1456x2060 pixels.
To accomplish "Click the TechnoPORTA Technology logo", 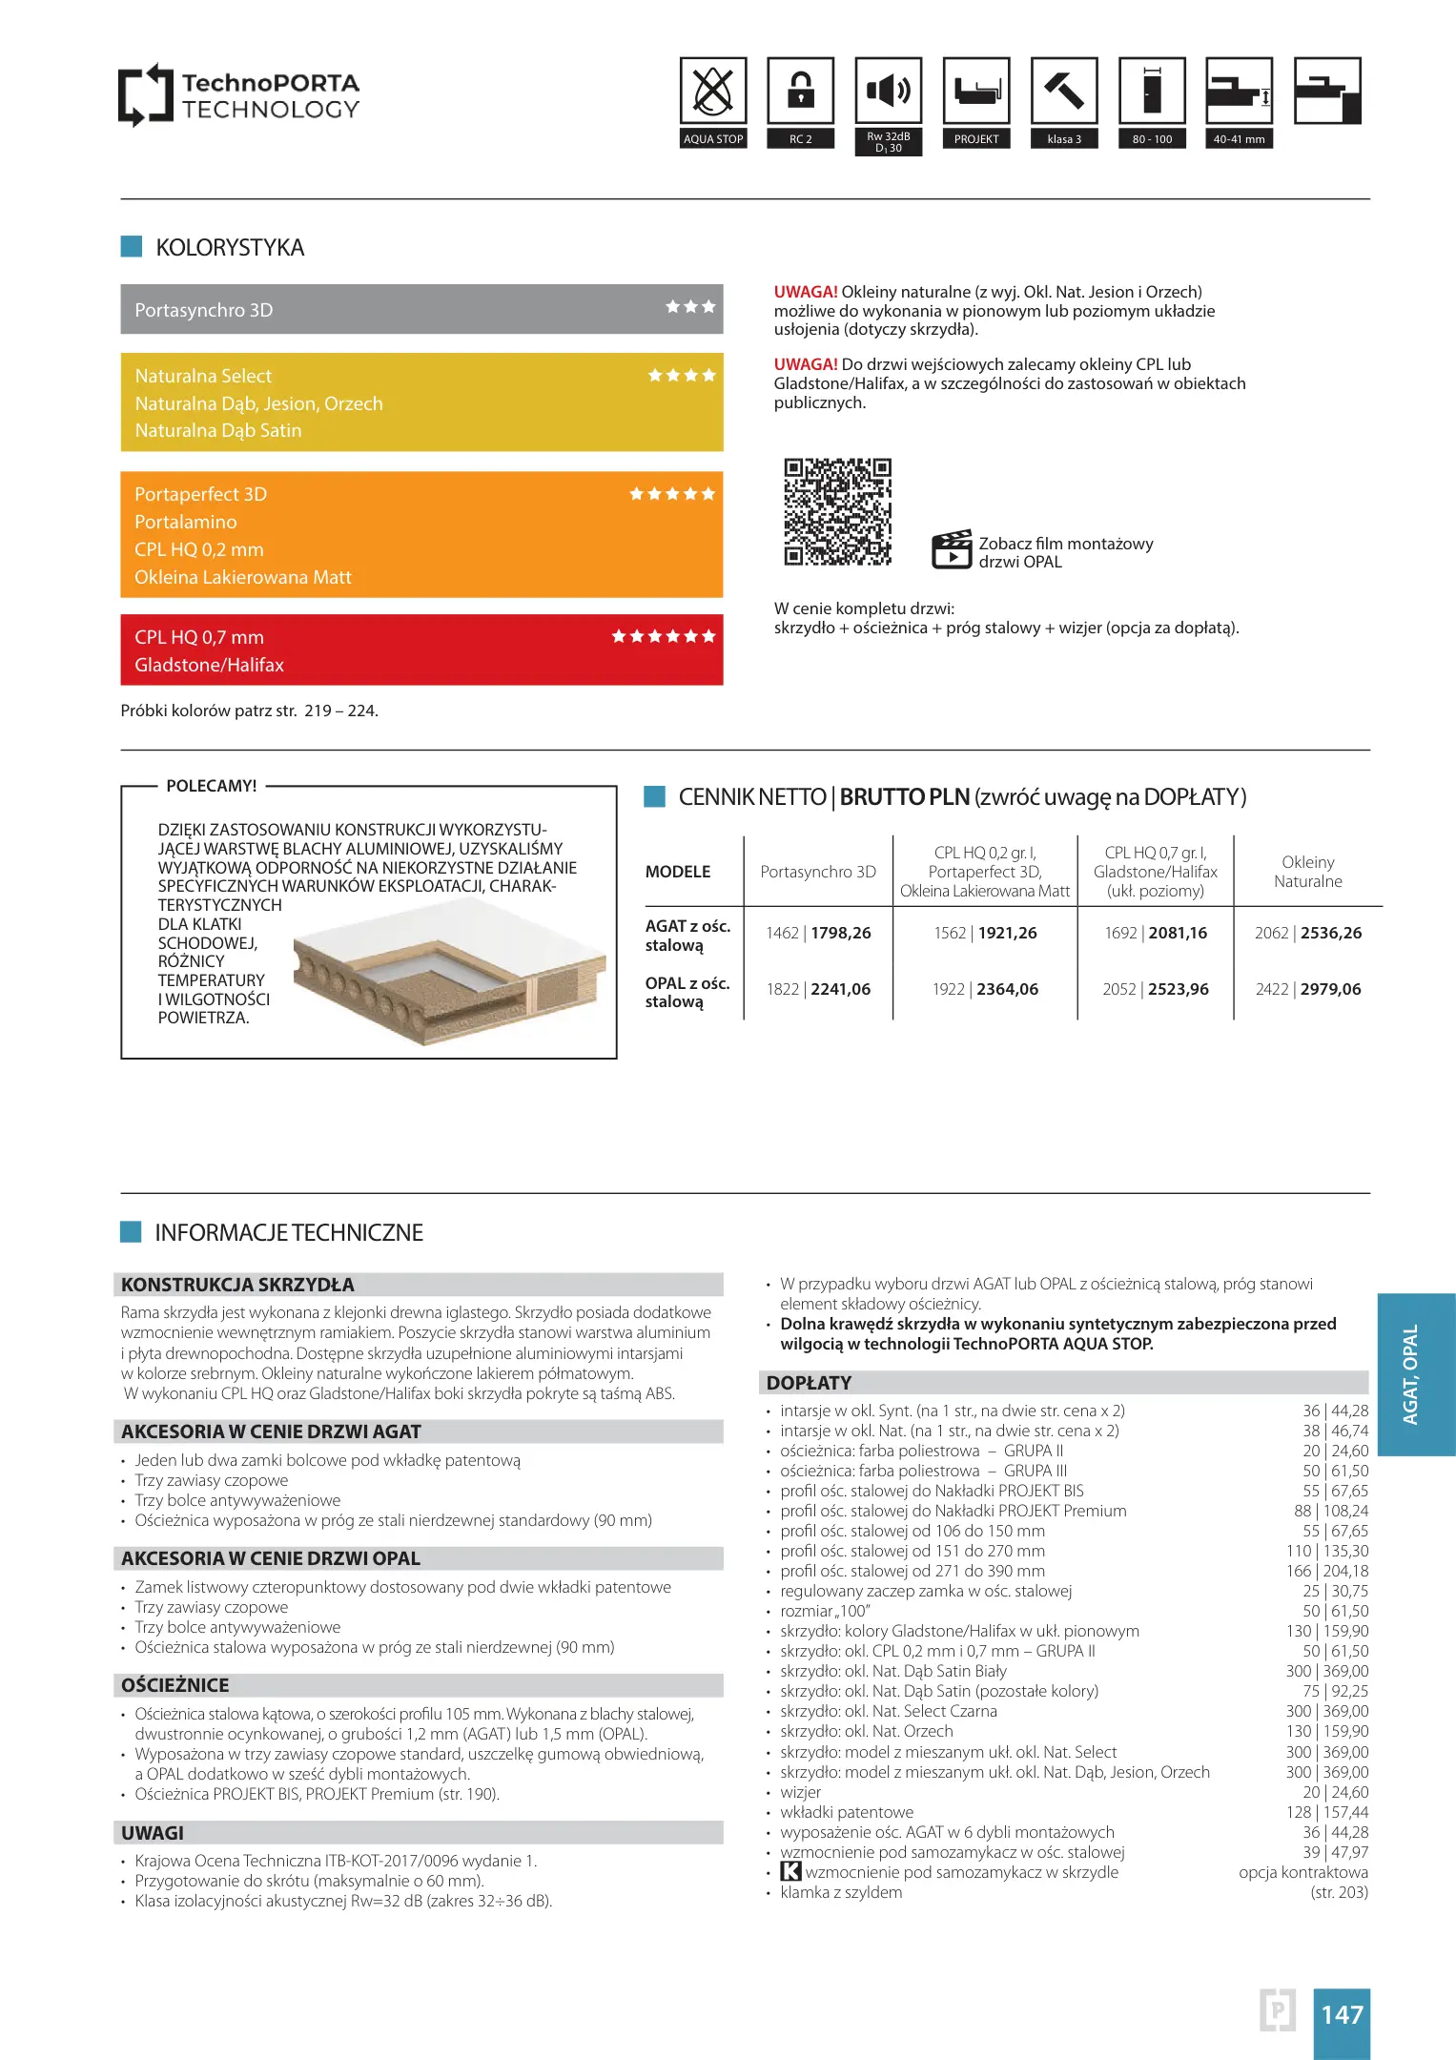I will [x=239, y=95].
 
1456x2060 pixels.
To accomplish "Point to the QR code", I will [x=837, y=512].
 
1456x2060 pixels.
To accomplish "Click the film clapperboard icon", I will [x=951, y=549].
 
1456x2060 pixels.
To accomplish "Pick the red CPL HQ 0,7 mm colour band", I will [x=421, y=650].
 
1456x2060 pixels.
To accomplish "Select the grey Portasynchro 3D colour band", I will [x=421, y=310].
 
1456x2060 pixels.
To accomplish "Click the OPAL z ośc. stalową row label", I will [x=687, y=992].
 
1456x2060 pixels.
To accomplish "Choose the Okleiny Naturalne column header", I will [x=1307, y=872].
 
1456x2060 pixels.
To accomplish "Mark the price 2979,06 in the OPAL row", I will [x=1330, y=989].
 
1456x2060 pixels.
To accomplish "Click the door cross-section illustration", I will [x=448, y=973].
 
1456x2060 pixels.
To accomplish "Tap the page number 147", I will [x=1341, y=2014].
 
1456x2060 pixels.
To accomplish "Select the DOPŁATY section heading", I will [x=809, y=1383].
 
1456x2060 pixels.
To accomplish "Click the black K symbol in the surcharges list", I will [x=790, y=1872].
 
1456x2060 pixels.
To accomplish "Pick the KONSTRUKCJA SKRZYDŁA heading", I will [x=237, y=1285].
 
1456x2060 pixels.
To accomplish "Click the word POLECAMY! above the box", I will [x=212, y=786].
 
